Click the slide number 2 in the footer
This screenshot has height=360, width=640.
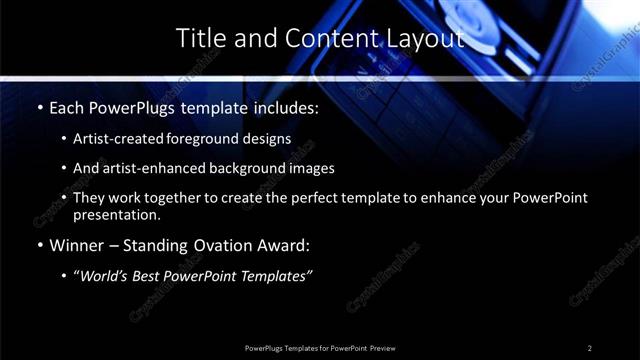589,347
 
